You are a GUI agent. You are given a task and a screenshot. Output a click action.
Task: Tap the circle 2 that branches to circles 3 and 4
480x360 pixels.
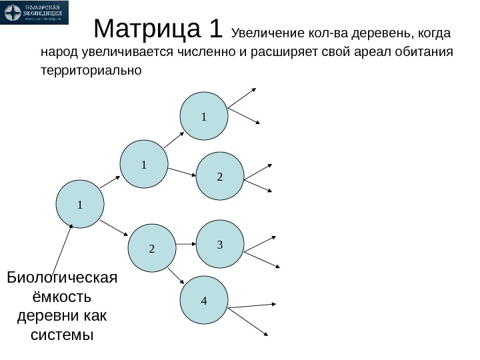tap(151, 248)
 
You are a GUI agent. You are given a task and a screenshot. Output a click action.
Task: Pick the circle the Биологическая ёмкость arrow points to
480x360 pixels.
tap(80, 204)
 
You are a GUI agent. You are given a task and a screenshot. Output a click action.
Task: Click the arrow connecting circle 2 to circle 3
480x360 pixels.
tap(185, 245)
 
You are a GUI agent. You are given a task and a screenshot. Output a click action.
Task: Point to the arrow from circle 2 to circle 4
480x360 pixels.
tap(177, 277)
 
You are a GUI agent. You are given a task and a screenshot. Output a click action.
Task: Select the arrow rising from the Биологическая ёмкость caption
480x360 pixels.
tap(61, 247)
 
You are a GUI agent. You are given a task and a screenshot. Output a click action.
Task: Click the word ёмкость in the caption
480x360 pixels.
tap(61, 296)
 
